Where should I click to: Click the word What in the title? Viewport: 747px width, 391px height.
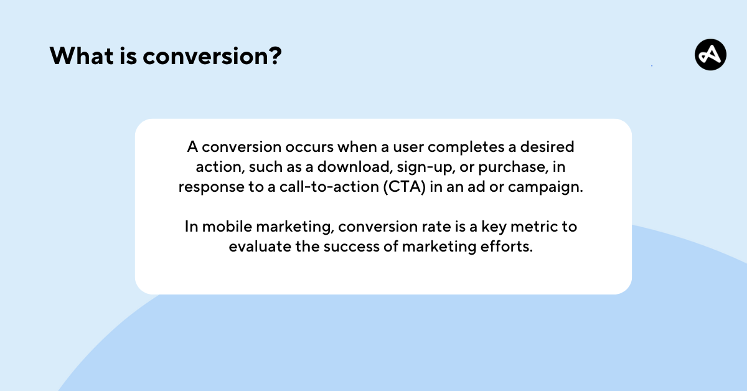[x=82, y=55]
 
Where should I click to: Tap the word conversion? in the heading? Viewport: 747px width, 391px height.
[x=212, y=55]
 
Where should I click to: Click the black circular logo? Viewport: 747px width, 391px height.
[x=711, y=55]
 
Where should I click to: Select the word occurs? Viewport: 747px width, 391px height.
[x=309, y=147]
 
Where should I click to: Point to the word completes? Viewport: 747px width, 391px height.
[x=466, y=148]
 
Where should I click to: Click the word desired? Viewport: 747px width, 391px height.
[x=547, y=147]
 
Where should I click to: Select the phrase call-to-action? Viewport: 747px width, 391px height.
[x=329, y=187]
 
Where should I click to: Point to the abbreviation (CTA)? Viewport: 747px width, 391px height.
[x=405, y=187]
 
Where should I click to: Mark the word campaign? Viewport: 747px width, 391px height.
[x=545, y=187]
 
